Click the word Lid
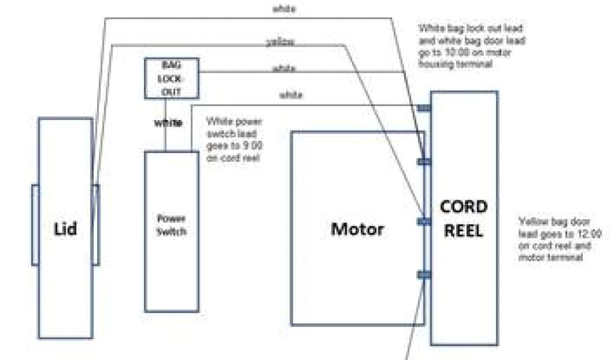[x=65, y=228]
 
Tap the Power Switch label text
[x=171, y=224]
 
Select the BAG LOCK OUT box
[x=171, y=78]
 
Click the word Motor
[x=357, y=229]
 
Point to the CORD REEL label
[x=463, y=218]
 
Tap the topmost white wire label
[x=284, y=9]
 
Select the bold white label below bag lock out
[x=168, y=123]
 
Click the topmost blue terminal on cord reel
[x=424, y=108]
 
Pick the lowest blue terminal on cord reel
[x=424, y=274]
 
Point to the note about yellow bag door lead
[x=559, y=239]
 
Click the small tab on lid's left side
[x=35, y=224]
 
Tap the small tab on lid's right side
[x=95, y=224]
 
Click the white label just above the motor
[x=291, y=95]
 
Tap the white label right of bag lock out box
[x=284, y=68]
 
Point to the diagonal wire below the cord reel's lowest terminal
[x=413, y=324]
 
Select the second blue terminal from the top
[x=424, y=161]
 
